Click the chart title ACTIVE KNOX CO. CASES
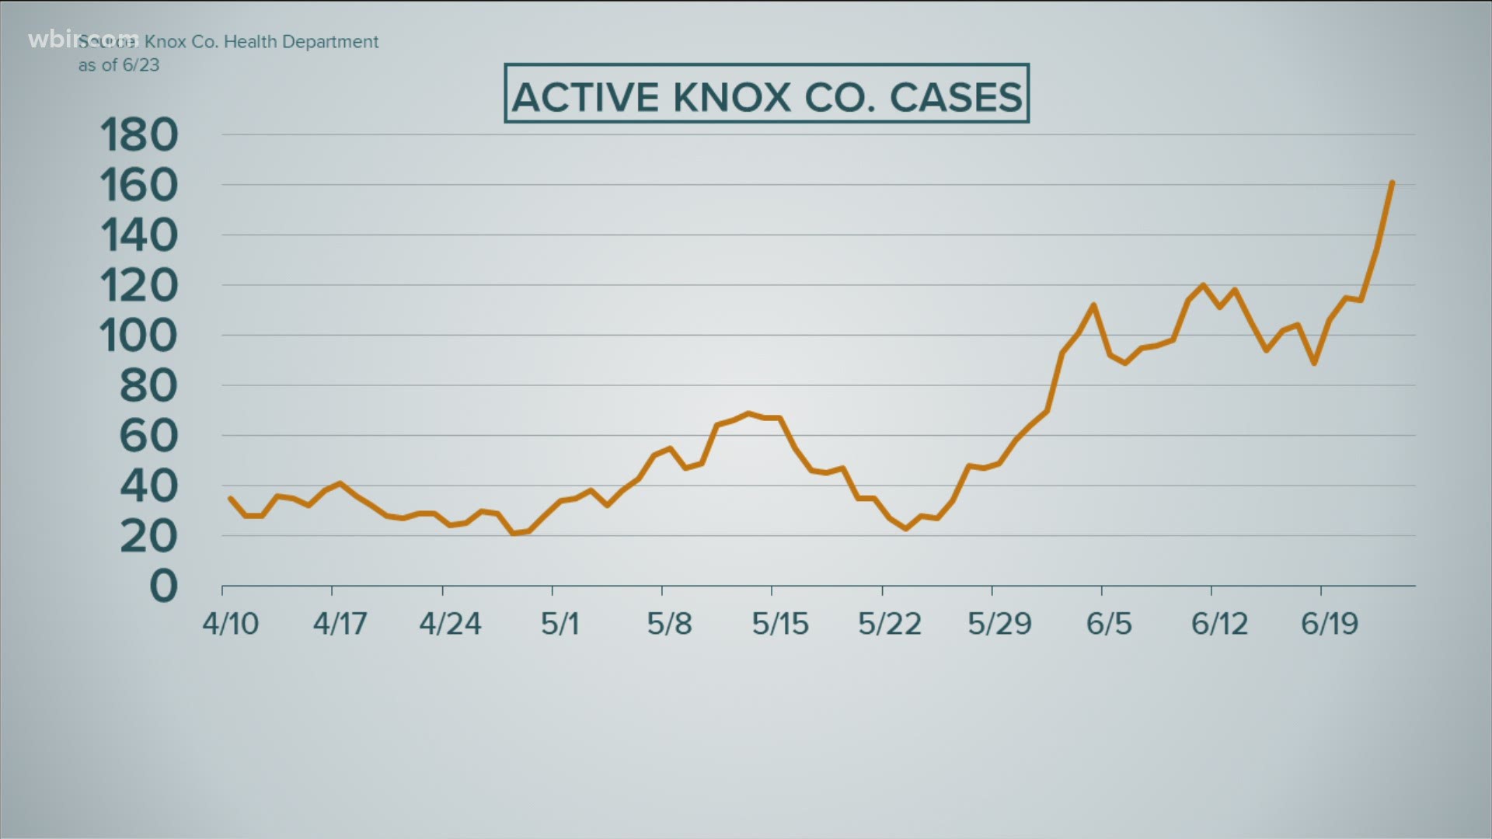(x=766, y=96)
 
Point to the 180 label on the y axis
(x=139, y=136)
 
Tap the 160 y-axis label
(x=139, y=186)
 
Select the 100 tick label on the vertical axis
(x=139, y=336)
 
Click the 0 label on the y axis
(x=163, y=587)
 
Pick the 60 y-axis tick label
(x=148, y=437)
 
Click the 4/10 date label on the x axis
(x=231, y=624)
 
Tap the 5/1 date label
(x=559, y=624)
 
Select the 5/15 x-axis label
(x=779, y=624)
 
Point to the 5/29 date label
(x=999, y=624)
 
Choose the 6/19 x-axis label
(x=1330, y=624)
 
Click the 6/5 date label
(x=1109, y=624)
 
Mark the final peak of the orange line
(x=1391, y=183)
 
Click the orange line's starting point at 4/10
(x=230, y=498)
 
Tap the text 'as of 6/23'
(x=119, y=65)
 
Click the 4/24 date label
(x=450, y=624)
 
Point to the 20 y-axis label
(x=148, y=537)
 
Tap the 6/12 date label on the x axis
(x=1219, y=624)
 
